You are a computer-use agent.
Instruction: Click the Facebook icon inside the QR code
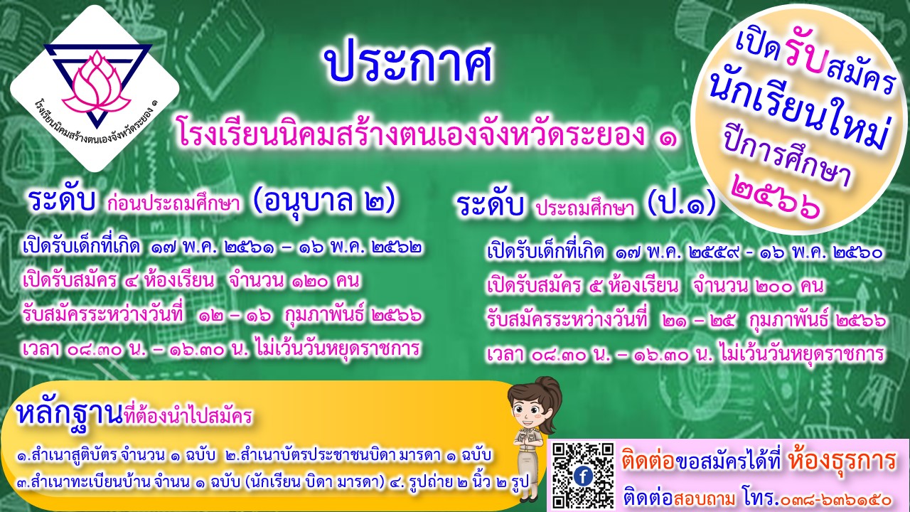583,476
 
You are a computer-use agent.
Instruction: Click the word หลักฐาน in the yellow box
69,413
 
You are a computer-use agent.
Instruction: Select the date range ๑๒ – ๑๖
235,315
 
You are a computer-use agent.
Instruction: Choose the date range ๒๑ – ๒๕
699,321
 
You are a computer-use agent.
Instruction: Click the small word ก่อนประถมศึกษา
173,204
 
